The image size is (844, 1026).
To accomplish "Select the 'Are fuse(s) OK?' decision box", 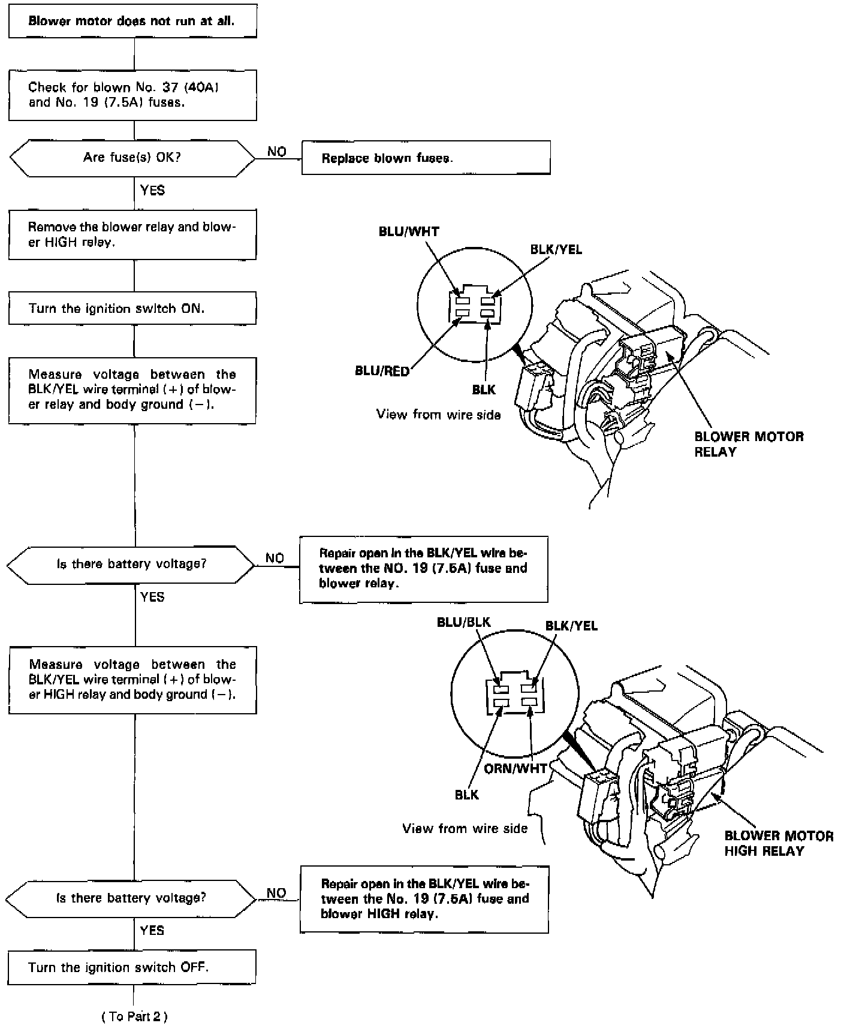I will click(x=132, y=158).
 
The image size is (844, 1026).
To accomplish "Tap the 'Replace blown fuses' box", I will click(x=426, y=158).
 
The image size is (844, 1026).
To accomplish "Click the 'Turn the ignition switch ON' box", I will click(x=132, y=309).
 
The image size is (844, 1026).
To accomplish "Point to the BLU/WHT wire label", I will click(x=409, y=232).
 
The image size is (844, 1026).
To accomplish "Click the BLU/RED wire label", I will click(x=382, y=371).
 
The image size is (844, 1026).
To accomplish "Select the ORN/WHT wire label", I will click(x=516, y=768).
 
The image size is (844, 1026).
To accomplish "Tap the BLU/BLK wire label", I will click(x=463, y=622).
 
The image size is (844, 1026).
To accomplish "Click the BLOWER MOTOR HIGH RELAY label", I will click(x=778, y=843).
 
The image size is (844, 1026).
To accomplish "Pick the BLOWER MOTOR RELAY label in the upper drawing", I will click(x=748, y=443).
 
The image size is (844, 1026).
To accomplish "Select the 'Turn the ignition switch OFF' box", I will click(x=132, y=967).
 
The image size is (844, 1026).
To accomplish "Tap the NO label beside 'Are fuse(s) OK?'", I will click(x=276, y=152).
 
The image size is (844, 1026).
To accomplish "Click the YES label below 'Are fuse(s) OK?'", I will click(x=152, y=191).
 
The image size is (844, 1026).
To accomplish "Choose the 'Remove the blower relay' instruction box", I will click(x=132, y=235).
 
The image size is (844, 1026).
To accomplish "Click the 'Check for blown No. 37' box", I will click(x=132, y=95).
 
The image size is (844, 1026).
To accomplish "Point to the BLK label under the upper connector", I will click(x=484, y=390).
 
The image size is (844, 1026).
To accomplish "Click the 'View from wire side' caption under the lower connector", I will click(x=465, y=828).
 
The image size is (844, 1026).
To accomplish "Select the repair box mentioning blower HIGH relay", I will click(x=424, y=898).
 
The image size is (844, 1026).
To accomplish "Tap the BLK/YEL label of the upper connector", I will click(x=556, y=249).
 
